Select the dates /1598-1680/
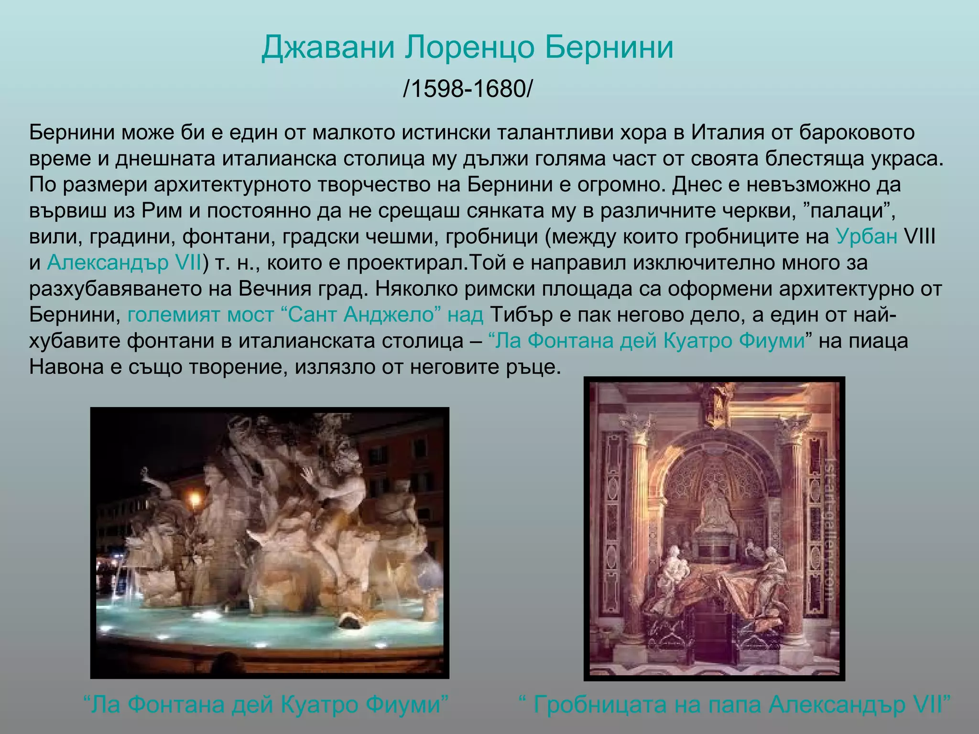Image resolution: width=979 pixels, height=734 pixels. (467, 89)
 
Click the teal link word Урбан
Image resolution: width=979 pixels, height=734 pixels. (866, 237)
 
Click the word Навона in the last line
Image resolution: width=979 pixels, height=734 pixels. (66, 367)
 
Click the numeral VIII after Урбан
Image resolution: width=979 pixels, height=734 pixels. (919, 237)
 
